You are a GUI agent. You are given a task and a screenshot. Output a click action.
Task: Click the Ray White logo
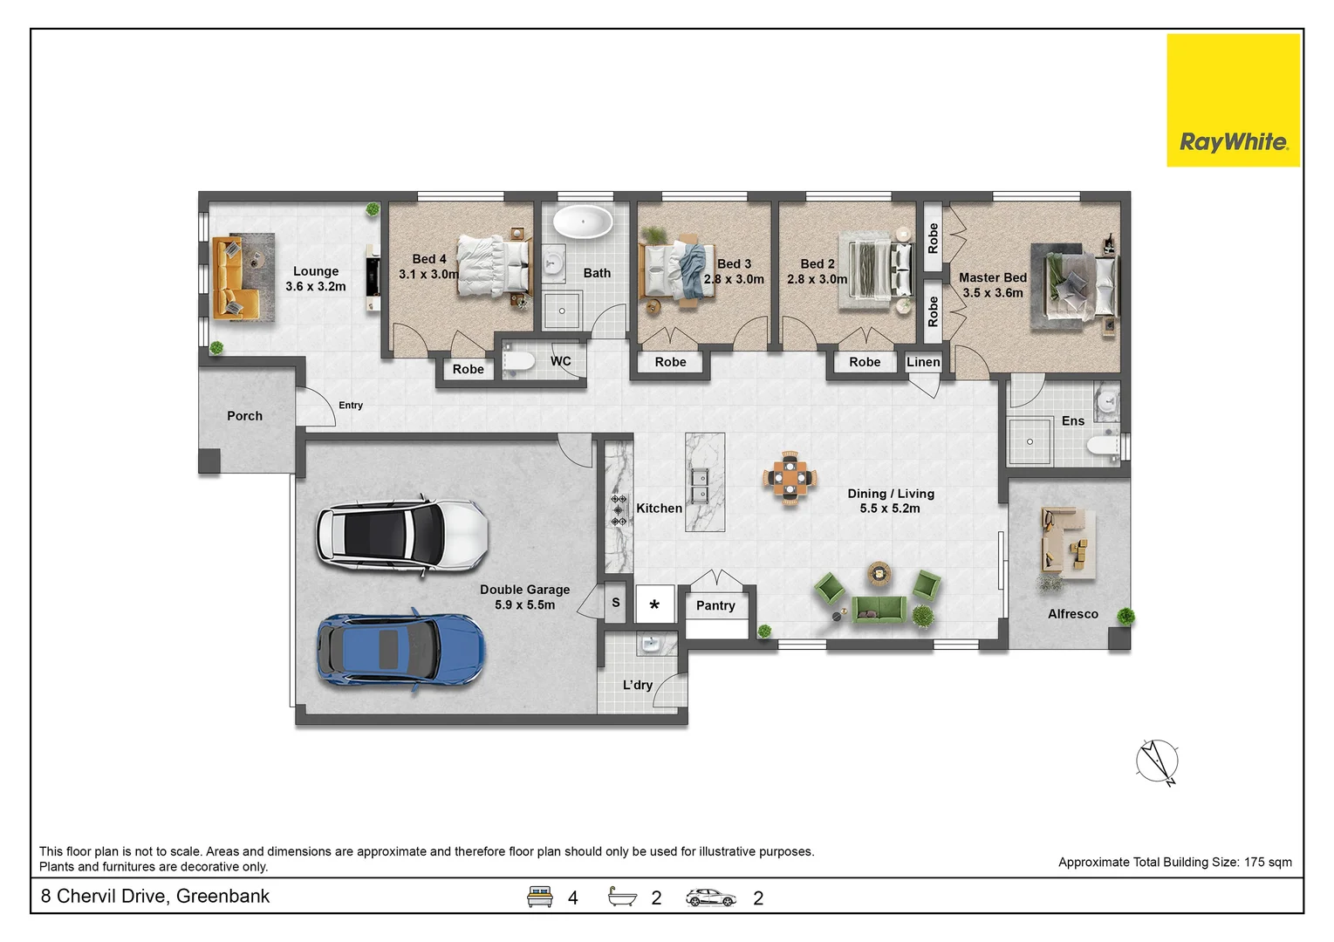pyautogui.click(x=1234, y=100)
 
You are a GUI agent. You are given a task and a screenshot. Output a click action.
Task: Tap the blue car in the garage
pyautogui.click(x=400, y=650)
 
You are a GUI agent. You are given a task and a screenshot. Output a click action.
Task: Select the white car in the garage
pyautogui.click(x=402, y=534)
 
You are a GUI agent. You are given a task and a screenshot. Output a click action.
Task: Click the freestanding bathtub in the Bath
pyautogui.click(x=583, y=222)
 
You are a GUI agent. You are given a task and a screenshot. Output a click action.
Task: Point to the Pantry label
pyautogui.click(x=715, y=605)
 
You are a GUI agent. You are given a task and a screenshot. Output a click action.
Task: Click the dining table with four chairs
pyautogui.click(x=790, y=478)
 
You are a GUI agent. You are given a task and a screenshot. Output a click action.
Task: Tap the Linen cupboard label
pyautogui.click(x=923, y=362)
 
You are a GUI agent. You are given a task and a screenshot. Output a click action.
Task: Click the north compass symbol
pyautogui.click(x=1157, y=761)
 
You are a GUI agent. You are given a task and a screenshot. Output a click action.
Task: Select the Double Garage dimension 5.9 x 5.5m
pyautogui.click(x=524, y=605)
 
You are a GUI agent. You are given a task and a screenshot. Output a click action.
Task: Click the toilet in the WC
pyautogui.click(x=518, y=361)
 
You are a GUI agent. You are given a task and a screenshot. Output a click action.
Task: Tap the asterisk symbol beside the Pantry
pyautogui.click(x=654, y=605)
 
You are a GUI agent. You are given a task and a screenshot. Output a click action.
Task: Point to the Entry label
pyautogui.click(x=351, y=405)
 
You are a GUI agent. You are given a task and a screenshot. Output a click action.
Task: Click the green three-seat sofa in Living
pyautogui.click(x=879, y=609)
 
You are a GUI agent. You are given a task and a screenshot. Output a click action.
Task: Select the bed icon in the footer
pyautogui.click(x=539, y=897)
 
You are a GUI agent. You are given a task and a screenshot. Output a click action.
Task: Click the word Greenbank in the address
pyautogui.click(x=222, y=896)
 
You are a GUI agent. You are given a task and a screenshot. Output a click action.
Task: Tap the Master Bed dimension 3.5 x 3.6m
pyautogui.click(x=993, y=293)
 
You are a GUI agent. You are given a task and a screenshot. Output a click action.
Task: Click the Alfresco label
pyautogui.click(x=1073, y=614)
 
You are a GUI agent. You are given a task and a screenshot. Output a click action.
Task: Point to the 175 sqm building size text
pyautogui.click(x=1268, y=863)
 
